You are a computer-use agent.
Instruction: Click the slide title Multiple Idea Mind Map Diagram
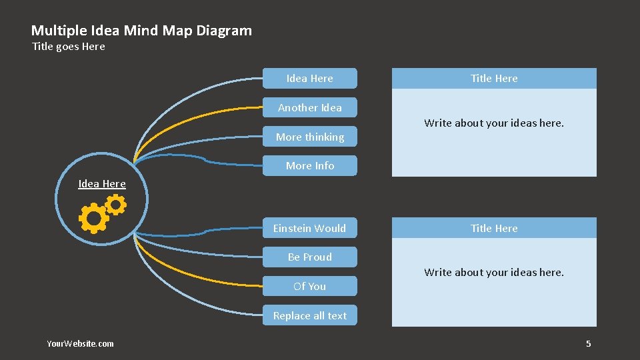pos(141,31)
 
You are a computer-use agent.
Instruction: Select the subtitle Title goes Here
pos(69,47)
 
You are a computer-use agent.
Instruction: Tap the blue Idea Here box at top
pos(309,78)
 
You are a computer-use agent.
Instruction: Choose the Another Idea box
pos(309,107)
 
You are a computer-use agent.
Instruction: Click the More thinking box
pos(309,137)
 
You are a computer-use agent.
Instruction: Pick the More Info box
pos(309,166)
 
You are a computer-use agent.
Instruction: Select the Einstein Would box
pos(309,228)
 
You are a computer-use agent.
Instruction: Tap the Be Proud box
pos(309,257)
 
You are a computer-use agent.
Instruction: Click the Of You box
pos(309,287)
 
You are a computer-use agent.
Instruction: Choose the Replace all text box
pos(309,316)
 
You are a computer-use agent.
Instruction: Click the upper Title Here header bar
pos(493,78)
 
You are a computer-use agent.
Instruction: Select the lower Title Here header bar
pos(493,228)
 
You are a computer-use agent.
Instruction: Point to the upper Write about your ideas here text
pos(493,123)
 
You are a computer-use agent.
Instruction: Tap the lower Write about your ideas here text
pos(493,273)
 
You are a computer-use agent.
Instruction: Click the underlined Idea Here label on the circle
pos(102,184)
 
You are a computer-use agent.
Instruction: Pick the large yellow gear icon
pos(93,218)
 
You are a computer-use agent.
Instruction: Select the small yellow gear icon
pos(116,205)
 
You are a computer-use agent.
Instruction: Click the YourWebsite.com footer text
pos(80,344)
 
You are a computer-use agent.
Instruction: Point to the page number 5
pos(588,344)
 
